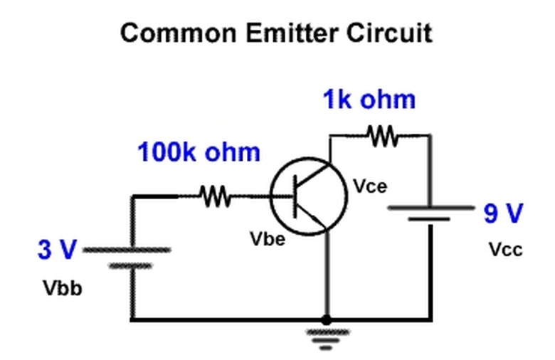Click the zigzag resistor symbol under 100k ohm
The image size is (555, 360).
pyautogui.click(x=215, y=196)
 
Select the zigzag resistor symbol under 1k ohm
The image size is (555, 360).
pyautogui.click(x=383, y=134)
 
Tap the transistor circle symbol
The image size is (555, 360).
pyautogui.click(x=309, y=196)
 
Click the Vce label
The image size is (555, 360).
pyautogui.click(x=370, y=186)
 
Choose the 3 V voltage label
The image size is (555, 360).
pyautogui.click(x=56, y=250)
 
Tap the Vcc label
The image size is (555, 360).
pyautogui.click(x=505, y=250)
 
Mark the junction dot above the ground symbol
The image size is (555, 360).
pyautogui.click(x=326, y=320)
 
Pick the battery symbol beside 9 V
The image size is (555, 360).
pyautogui.click(x=430, y=213)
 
